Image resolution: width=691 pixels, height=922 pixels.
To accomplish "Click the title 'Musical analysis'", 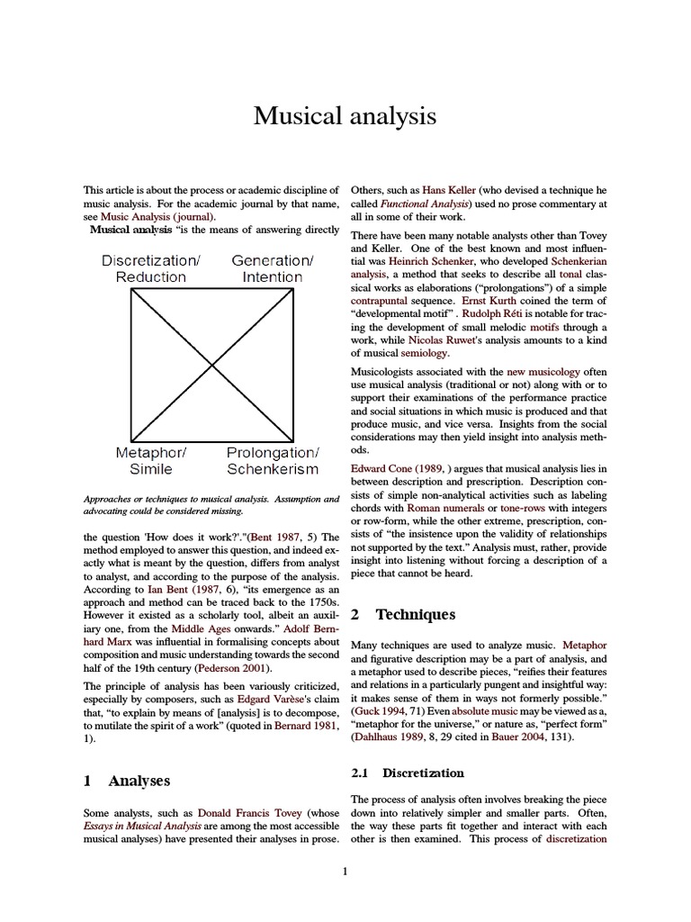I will coord(345,115).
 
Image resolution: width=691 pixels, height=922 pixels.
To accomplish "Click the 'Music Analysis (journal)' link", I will coord(158,217).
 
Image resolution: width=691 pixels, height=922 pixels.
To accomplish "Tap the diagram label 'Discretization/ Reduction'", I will coord(150,268).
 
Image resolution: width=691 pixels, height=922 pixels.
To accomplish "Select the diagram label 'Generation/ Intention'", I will coord(272,268).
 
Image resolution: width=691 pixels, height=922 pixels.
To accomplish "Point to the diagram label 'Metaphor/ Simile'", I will coord(150,460).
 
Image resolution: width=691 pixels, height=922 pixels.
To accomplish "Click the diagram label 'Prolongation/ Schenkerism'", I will coord(272,460).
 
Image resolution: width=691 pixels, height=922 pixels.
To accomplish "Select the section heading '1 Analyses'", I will coord(126,781).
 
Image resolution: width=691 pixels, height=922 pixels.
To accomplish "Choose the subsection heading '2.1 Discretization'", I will coord(407,773).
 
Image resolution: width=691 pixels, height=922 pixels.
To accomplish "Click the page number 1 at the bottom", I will coord(345,871).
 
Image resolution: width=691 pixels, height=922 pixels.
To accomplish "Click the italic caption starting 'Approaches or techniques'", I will coord(211,504).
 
